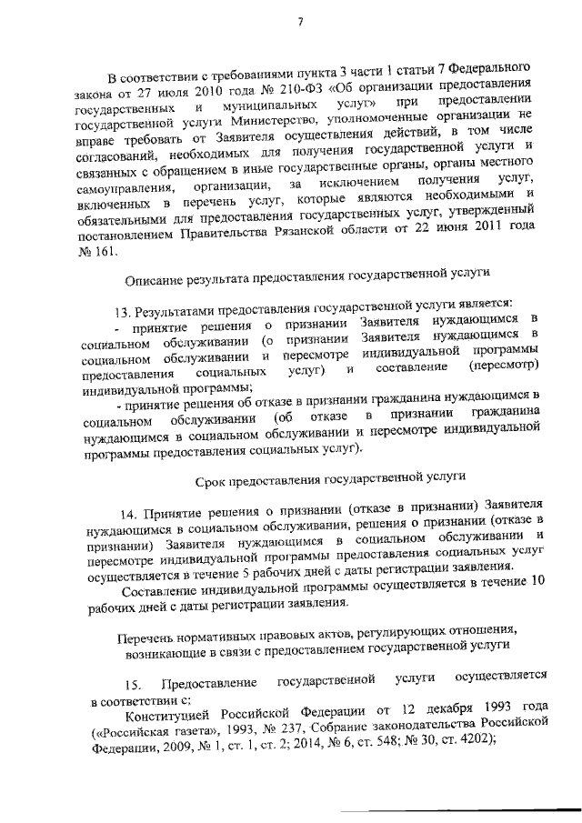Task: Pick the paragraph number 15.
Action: pos(135,679)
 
